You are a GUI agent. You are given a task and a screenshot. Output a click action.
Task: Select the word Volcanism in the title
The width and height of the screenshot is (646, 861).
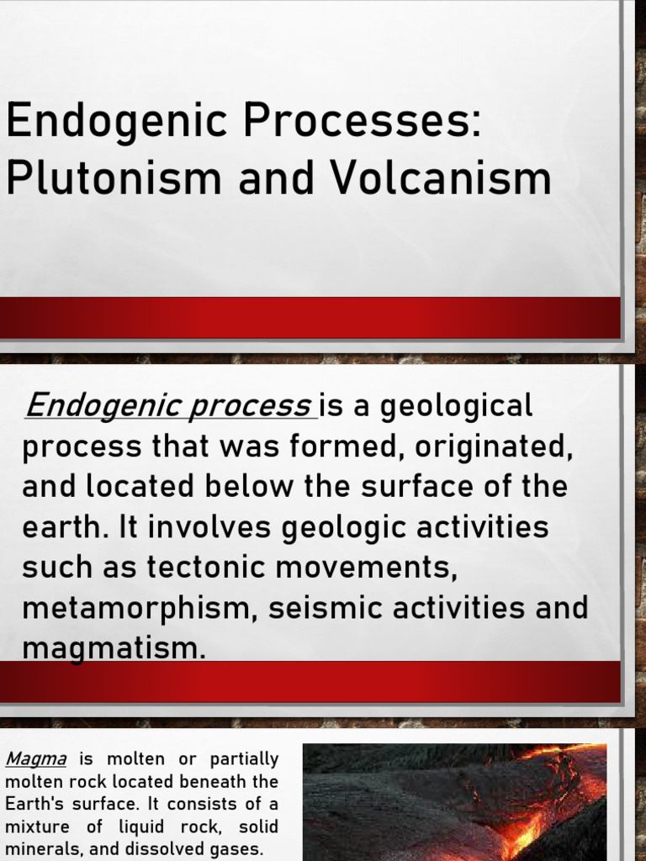click(x=438, y=179)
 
